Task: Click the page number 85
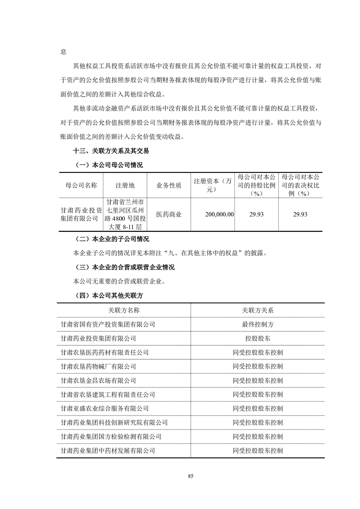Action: click(x=190, y=476)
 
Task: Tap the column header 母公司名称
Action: click(x=81, y=186)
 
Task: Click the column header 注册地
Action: click(x=125, y=186)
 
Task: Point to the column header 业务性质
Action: click(x=169, y=186)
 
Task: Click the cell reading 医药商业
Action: click(x=169, y=214)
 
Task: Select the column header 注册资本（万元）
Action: click(x=213, y=186)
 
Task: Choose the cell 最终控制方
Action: click(x=258, y=324)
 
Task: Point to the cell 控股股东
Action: click(x=258, y=338)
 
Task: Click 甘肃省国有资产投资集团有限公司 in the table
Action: click(x=107, y=324)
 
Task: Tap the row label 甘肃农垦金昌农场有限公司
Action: click(x=98, y=381)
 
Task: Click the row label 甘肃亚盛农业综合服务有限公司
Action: click(x=104, y=409)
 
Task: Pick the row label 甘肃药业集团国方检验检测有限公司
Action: click(x=111, y=437)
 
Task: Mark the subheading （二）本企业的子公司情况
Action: click(x=111, y=239)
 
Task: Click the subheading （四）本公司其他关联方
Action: click(x=107, y=295)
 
